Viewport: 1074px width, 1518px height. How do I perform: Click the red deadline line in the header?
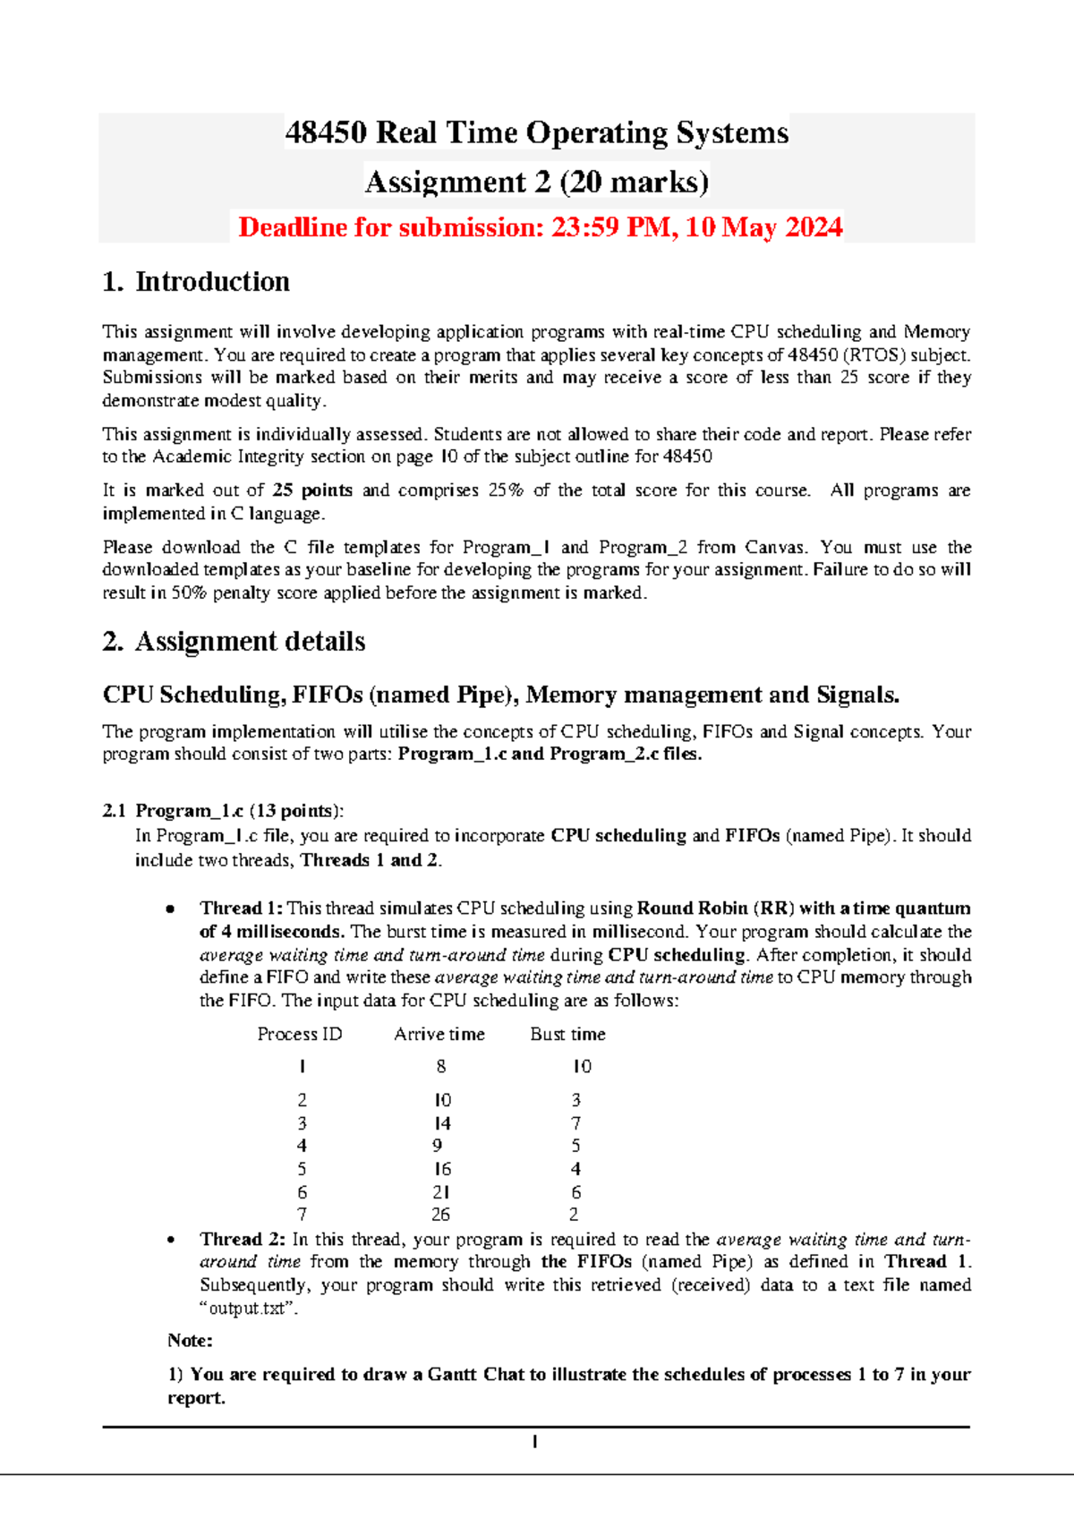click(x=540, y=227)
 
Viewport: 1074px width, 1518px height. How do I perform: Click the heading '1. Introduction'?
click(x=196, y=282)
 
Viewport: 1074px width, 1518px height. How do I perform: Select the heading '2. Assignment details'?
click(x=234, y=642)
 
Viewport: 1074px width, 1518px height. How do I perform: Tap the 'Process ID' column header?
click(x=300, y=1035)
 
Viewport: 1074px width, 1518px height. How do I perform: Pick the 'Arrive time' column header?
click(x=439, y=1035)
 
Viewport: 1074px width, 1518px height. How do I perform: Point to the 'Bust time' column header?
click(x=567, y=1035)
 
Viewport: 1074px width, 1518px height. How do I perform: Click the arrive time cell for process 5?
click(x=442, y=1169)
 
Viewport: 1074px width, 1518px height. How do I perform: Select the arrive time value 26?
click(x=440, y=1215)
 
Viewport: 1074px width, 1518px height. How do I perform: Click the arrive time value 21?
click(x=441, y=1192)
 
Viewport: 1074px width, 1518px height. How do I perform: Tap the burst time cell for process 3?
click(x=575, y=1123)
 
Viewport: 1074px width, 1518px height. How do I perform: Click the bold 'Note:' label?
click(x=190, y=1341)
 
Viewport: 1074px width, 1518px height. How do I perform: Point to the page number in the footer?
click(x=534, y=1442)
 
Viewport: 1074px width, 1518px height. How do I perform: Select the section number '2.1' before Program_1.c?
click(x=115, y=811)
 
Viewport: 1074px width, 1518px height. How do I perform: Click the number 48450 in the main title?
click(x=326, y=133)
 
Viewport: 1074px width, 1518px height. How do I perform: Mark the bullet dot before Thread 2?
click(x=170, y=1241)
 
